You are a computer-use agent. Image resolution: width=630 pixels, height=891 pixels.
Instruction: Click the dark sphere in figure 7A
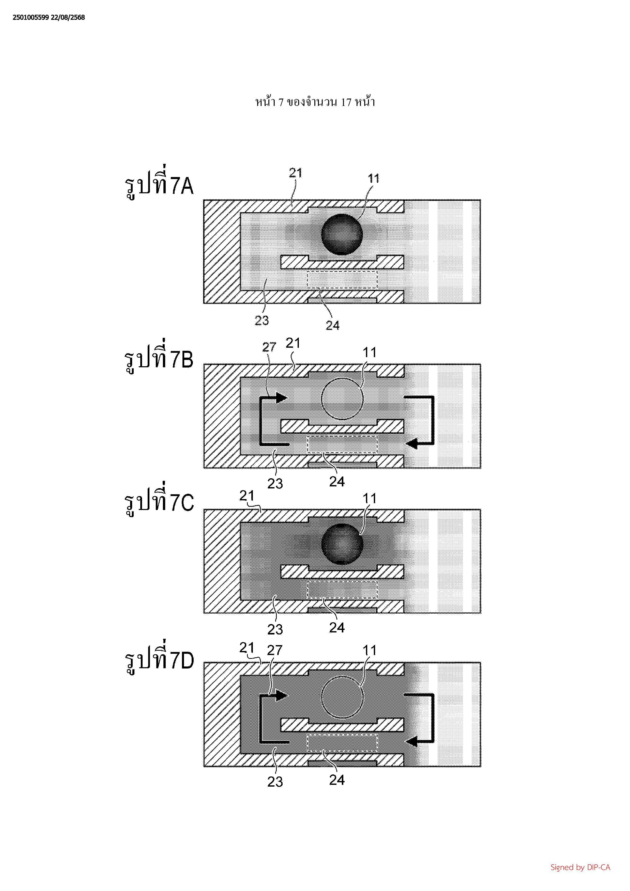[342, 234]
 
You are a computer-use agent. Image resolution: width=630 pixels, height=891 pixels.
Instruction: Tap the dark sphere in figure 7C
[342, 544]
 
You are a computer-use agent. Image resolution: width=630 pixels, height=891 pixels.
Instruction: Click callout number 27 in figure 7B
[269, 347]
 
